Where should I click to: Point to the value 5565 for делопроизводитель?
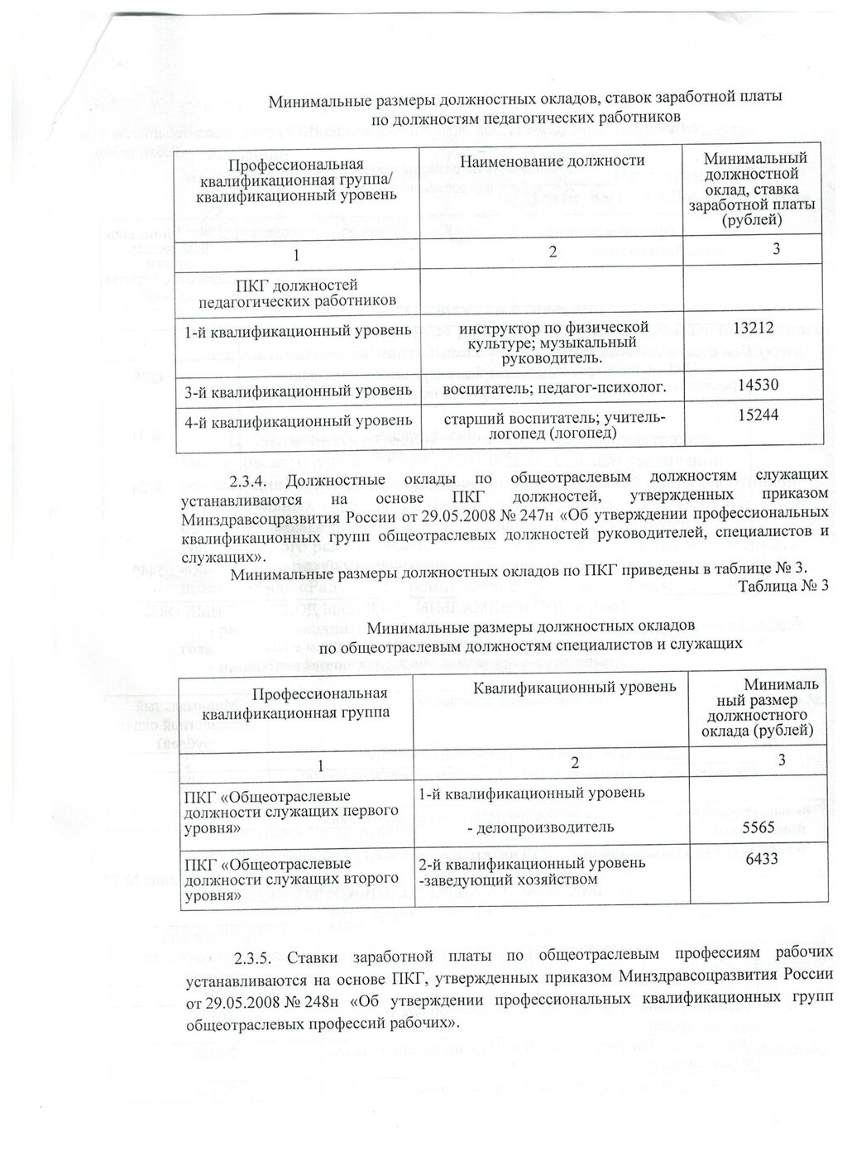click(x=759, y=827)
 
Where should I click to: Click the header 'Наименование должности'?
click(x=552, y=161)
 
